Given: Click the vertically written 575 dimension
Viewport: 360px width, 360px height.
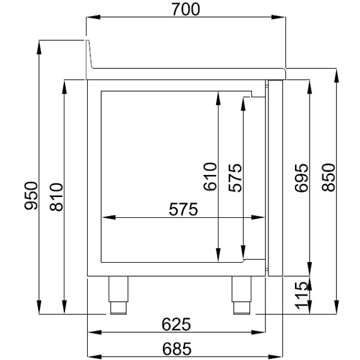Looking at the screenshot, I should tap(235, 177).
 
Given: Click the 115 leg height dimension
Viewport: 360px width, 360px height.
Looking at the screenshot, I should tap(301, 296).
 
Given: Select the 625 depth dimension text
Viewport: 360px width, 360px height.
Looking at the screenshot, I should tap(176, 324).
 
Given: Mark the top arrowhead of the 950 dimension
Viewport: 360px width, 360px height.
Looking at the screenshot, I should tap(40, 44).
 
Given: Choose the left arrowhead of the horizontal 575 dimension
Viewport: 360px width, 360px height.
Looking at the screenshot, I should tap(108, 218).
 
